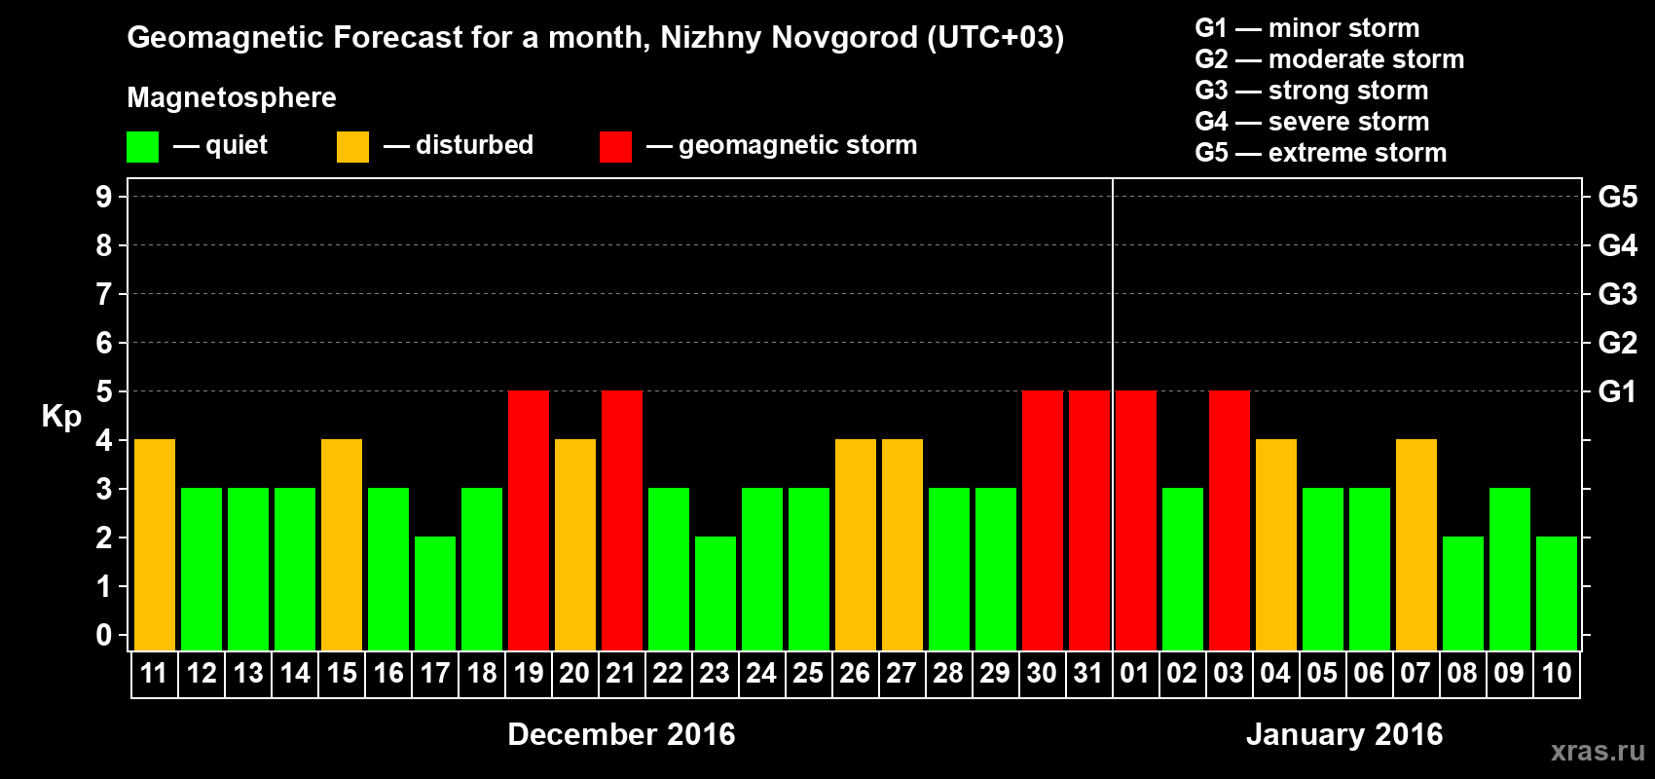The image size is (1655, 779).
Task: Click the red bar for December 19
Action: (x=529, y=520)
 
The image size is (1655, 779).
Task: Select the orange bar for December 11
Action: (x=155, y=544)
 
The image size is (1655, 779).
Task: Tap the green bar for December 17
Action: (x=435, y=593)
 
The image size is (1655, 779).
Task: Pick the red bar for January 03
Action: (x=1230, y=520)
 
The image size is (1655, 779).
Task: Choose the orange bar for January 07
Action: (x=1416, y=544)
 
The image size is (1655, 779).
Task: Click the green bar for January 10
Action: (x=1557, y=593)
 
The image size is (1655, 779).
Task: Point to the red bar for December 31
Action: (x=1089, y=520)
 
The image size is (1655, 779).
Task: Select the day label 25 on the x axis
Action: (x=808, y=673)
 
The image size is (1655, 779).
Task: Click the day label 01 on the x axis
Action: (x=1135, y=673)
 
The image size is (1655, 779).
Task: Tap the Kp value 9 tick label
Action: (x=104, y=197)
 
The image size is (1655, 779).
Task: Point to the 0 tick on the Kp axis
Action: (x=104, y=635)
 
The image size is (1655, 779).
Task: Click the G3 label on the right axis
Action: (x=1617, y=294)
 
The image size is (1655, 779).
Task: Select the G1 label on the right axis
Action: (x=1617, y=391)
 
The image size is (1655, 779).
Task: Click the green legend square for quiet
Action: (x=143, y=147)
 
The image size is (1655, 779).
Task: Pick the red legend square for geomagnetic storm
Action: (x=615, y=147)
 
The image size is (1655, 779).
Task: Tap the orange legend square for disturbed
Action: (x=352, y=147)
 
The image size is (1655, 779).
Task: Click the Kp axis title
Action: (x=61, y=417)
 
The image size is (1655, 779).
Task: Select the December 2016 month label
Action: (x=621, y=734)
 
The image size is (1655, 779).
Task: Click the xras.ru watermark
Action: (x=1598, y=751)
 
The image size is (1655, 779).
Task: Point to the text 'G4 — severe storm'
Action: (x=1311, y=122)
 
